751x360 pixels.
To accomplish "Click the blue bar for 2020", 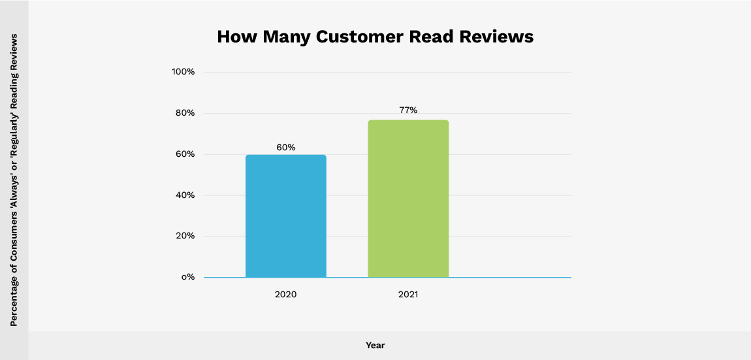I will tap(285, 216).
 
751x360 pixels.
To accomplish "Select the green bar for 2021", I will tap(408, 199).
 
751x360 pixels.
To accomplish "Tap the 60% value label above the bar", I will tap(285, 148).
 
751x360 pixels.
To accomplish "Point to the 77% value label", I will tap(408, 110).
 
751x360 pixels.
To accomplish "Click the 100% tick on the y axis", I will tap(183, 72).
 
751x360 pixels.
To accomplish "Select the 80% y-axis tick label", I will tap(184, 113).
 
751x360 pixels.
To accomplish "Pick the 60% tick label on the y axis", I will tap(184, 154).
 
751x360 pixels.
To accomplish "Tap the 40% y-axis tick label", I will tap(184, 195).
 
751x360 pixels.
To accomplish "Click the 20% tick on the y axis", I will tap(184, 237).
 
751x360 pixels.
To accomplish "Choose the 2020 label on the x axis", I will tap(285, 295).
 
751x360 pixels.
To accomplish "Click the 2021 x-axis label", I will tap(408, 295).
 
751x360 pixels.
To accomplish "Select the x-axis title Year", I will tap(375, 345).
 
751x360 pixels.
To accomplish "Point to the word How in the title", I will tap(237, 37).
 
